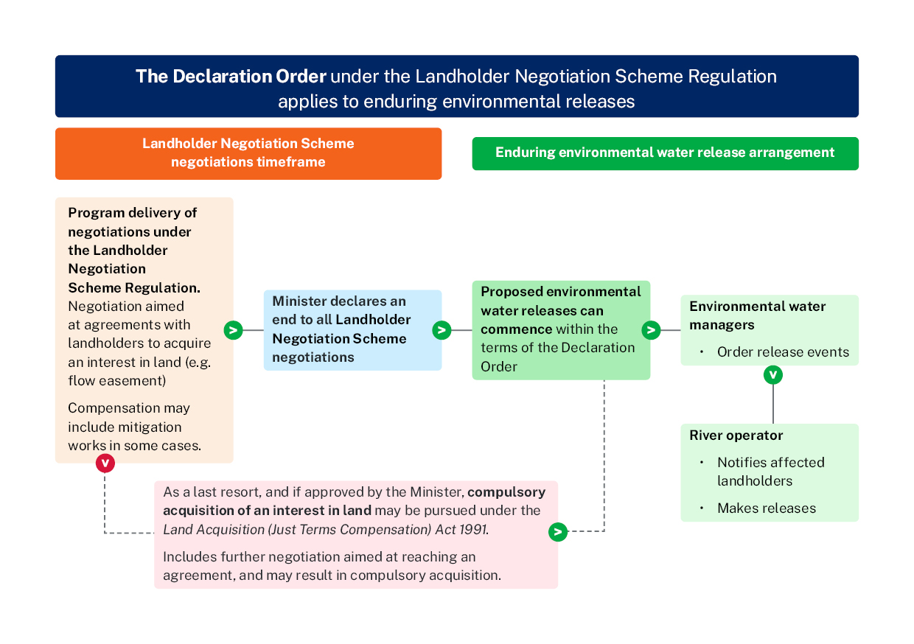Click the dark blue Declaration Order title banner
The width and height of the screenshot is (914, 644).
coord(456,86)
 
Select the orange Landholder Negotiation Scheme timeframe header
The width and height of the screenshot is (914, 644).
coord(248,153)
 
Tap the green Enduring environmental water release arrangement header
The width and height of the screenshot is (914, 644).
coord(665,153)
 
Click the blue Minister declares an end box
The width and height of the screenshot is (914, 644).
coord(352,330)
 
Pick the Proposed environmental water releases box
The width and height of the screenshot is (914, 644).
coord(561,330)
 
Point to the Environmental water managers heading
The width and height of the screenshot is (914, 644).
coord(757,315)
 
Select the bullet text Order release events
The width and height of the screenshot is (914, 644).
coord(783,352)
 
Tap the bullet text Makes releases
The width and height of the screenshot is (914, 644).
coord(767,508)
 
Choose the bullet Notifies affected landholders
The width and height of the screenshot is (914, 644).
coord(770,472)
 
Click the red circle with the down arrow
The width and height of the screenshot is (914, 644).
coord(105,463)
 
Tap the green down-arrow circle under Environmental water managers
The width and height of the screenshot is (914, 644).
coord(772,375)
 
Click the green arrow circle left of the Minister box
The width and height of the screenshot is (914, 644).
coord(233,330)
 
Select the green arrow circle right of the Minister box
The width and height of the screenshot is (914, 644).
coord(442,330)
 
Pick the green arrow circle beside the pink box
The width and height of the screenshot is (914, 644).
coord(558,531)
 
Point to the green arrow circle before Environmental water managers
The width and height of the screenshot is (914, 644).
coord(651,330)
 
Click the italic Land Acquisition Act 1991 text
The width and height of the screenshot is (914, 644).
coord(325,530)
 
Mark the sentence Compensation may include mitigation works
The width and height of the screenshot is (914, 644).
coord(129,427)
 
